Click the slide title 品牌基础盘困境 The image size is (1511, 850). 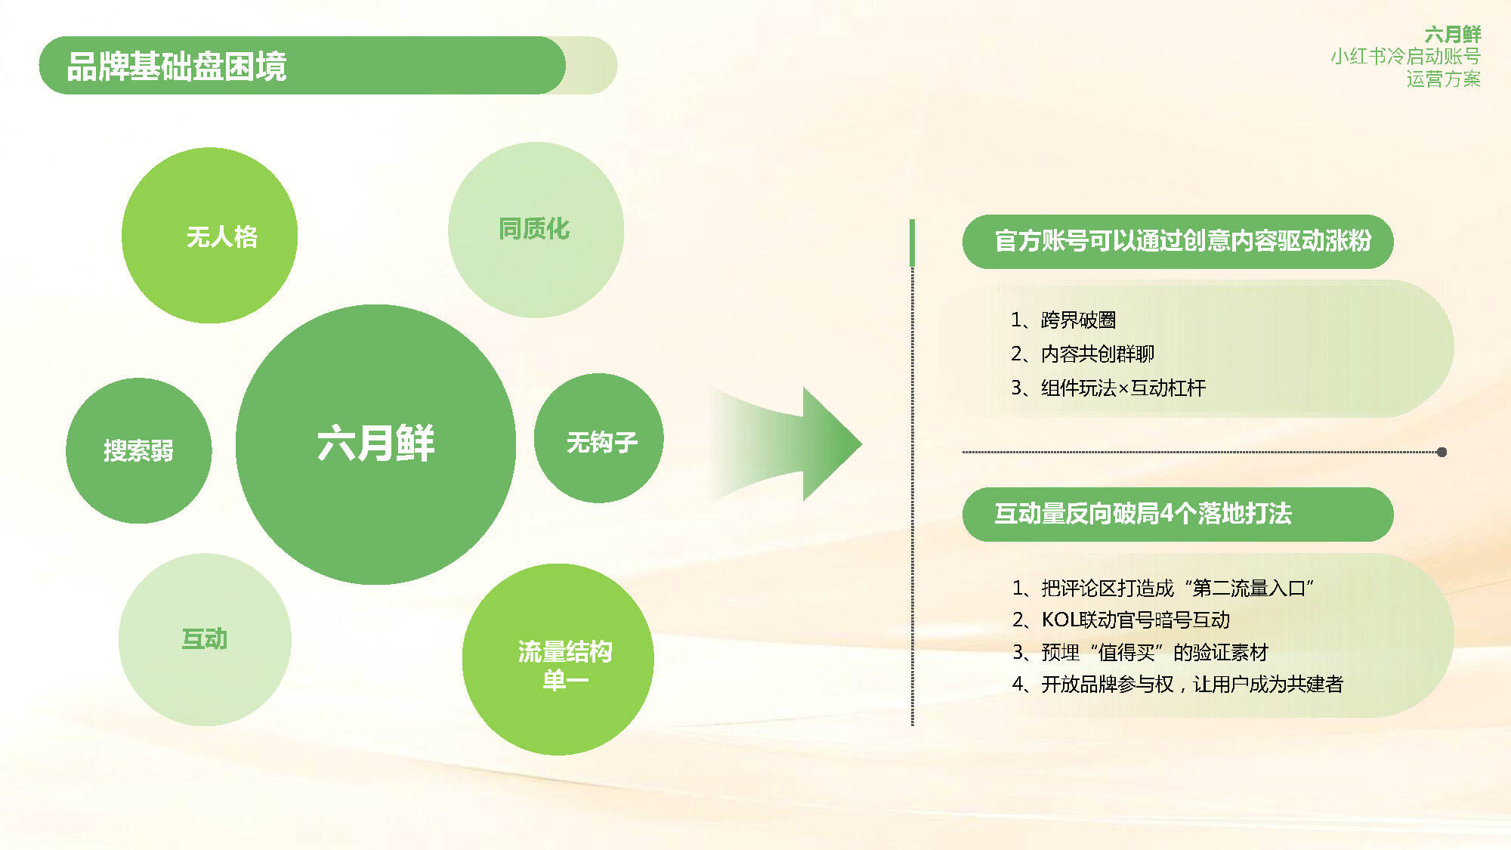pyautogui.click(x=177, y=66)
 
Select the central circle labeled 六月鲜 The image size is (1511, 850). pyautogui.click(x=375, y=444)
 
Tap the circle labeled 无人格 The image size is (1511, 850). pyautogui.click(x=209, y=235)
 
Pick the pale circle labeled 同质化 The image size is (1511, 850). pyautogui.click(x=536, y=230)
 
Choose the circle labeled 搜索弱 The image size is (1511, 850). pyautogui.click(x=138, y=450)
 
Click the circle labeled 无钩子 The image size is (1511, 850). pyautogui.click(x=598, y=438)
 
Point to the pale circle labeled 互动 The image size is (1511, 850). pyautogui.click(x=205, y=639)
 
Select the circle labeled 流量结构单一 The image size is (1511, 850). pyautogui.click(x=558, y=659)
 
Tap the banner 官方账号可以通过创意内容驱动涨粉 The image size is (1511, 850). pyautogui.click(x=1178, y=241)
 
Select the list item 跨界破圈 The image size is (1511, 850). pyautogui.click(x=1063, y=320)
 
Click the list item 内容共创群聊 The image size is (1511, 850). pyautogui.click(x=1082, y=354)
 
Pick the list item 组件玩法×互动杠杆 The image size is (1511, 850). pyautogui.click(x=1108, y=388)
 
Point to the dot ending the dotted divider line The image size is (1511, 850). pyautogui.click(x=1441, y=452)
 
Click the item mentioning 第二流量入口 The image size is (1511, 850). pyautogui.click(x=1163, y=588)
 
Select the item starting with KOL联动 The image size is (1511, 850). pyautogui.click(x=1120, y=620)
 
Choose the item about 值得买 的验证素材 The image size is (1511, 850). pyautogui.click(x=1139, y=652)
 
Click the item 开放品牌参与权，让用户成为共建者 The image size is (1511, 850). pyautogui.click(x=1177, y=684)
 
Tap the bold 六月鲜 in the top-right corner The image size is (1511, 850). pyautogui.click(x=1452, y=34)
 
